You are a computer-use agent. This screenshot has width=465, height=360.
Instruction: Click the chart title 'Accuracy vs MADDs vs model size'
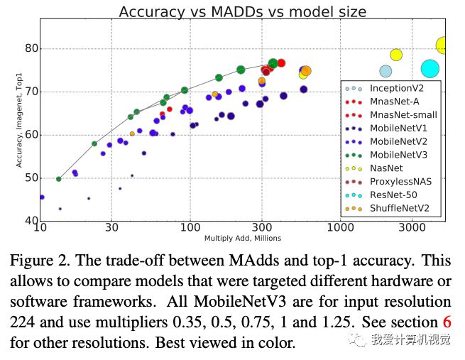[x=242, y=11]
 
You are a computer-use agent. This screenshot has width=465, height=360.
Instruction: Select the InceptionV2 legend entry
[x=397, y=89]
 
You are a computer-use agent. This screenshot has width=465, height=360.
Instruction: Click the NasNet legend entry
[x=386, y=168]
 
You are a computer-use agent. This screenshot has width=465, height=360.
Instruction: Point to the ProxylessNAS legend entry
[x=400, y=182]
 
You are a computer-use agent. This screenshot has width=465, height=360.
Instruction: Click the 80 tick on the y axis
[x=30, y=49]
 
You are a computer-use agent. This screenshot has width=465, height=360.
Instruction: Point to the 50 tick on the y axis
[x=30, y=178]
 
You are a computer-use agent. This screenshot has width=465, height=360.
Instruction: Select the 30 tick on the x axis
[x=111, y=228]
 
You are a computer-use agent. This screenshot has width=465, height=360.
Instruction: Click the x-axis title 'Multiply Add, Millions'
[x=242, y=238]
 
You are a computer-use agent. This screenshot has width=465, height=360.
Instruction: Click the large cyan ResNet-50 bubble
[x=430, y=68]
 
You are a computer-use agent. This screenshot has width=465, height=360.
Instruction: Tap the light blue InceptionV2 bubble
[x=385, y=71]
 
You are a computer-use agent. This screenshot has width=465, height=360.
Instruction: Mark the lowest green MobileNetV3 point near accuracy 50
[x=58, y=179]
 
